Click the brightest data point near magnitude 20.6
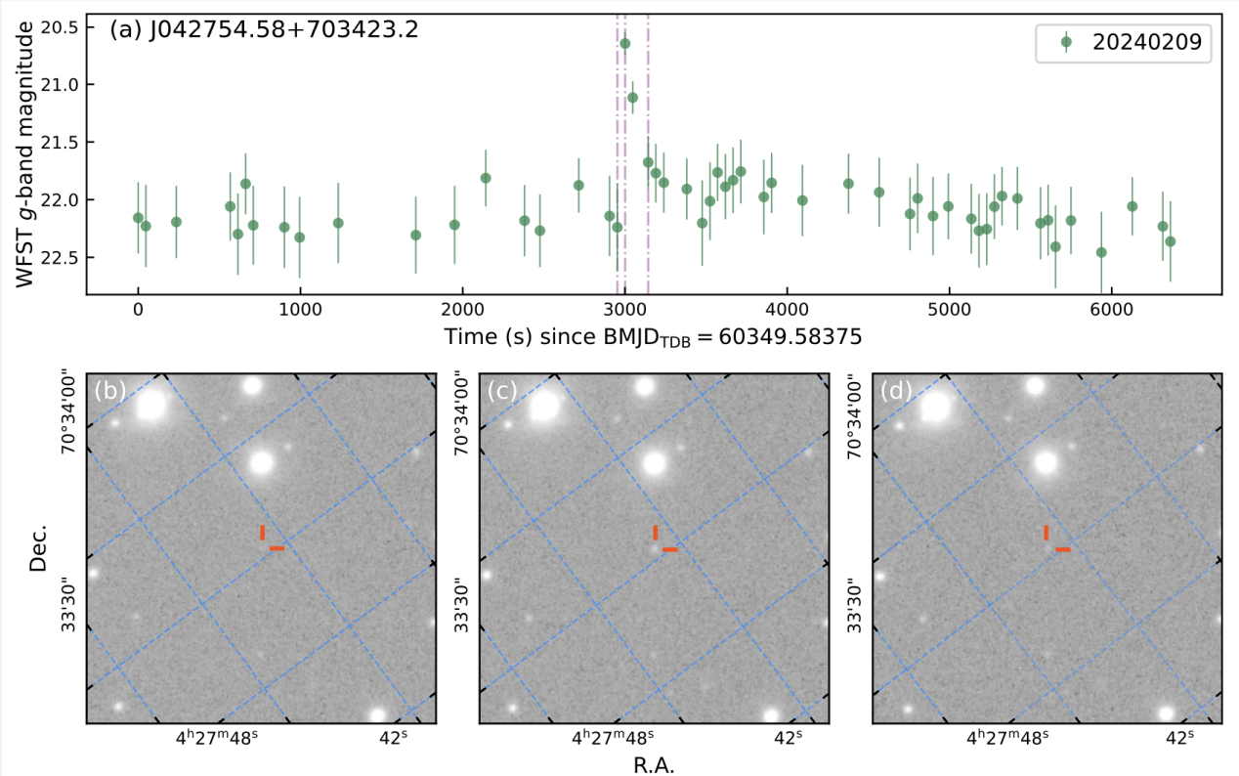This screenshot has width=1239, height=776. point(625,44)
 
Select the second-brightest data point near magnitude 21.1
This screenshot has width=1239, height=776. point(632,98)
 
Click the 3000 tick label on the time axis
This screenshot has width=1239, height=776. point(624,310)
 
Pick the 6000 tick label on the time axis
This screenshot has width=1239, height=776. point(1109,310)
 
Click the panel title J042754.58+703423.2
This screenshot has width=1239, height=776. point(264,29)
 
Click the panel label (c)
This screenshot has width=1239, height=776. point(501,390)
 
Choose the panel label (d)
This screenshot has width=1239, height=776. point(895,390)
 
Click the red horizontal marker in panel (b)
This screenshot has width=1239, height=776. point(277,549)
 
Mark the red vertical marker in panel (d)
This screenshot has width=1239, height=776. point(1047,533)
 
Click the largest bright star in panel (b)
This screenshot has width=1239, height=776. point(150,404)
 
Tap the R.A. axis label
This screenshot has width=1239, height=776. point(653,763)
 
